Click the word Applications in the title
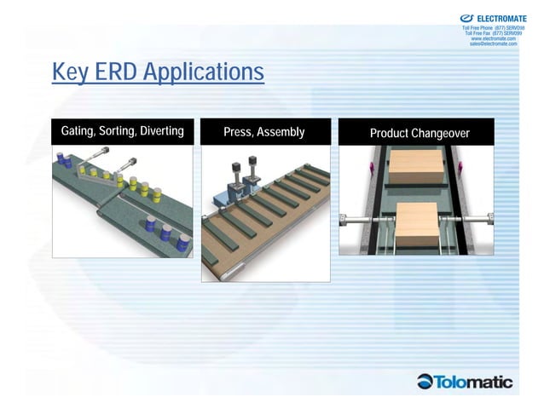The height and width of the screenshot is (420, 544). pyautogui.click(x=204, y=73)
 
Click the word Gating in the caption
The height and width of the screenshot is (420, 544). pyautogui.click(x=78, y=131)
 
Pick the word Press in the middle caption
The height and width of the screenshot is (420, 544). pyautogui.click(x=237, y=132)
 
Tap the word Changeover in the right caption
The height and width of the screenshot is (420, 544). pyautogui.click(x=440, y=133)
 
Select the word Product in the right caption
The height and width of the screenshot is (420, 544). pyautogui.click(x=388, y=133)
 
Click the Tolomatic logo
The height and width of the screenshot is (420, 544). pyautogui.click(x=465, y=381)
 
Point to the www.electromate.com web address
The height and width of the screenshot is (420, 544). pyautogui.click(x=493, y=38)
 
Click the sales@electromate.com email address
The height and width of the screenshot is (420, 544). pyautogui.click(x=493, y=43)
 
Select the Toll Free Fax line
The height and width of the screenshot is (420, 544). pyautogui.click(x=493, y=33)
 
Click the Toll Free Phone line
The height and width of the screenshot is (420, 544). pyautogui.click(x=493, y=28)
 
